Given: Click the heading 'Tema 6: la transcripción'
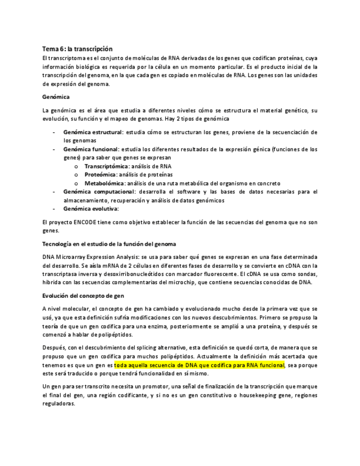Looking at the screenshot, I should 77,49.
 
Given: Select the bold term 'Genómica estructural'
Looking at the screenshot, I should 93,132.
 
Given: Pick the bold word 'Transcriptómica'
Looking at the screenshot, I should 107,166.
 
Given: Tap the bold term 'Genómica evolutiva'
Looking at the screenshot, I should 91,208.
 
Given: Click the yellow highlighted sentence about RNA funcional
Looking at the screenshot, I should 199,365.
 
